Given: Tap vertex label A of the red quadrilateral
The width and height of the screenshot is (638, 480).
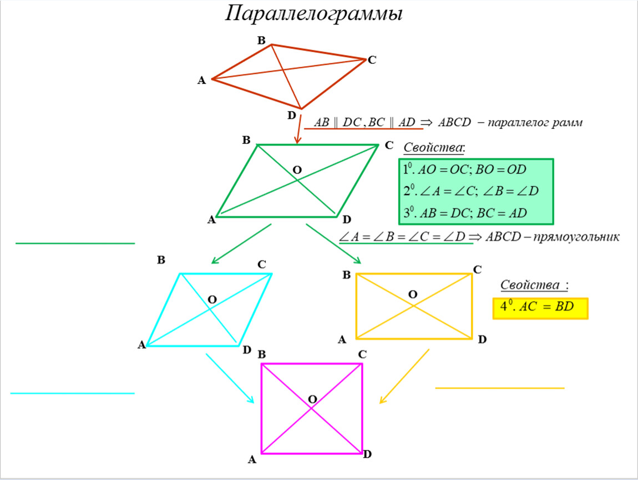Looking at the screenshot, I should [x=201, y=81].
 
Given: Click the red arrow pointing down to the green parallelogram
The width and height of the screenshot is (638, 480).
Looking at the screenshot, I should [x=299, y=129].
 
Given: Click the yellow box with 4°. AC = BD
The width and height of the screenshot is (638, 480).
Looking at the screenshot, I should [x=540, y=307].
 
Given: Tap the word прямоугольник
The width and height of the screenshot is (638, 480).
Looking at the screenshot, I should [x=576, y=237].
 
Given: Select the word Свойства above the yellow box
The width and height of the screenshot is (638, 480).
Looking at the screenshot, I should [x=530, y=285].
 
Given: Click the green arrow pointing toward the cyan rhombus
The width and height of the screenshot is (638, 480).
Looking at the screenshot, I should [x=241, y=243].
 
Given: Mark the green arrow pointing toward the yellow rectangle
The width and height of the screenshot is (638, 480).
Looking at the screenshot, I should [x=333, y=243].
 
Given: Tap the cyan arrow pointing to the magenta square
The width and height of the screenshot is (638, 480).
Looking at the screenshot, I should [x=230, y=378].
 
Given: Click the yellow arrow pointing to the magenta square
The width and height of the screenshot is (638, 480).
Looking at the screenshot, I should [x=404, y=376].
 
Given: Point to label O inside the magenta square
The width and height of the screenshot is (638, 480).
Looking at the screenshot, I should [x=312, y=399].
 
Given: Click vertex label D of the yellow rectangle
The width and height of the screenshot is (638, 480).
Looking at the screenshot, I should [x=482, y=339].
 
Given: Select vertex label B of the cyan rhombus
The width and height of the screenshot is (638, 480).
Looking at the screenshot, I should [x=161, y=259].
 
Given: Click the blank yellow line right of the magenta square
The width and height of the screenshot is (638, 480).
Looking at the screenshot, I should [x=499, y=388].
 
